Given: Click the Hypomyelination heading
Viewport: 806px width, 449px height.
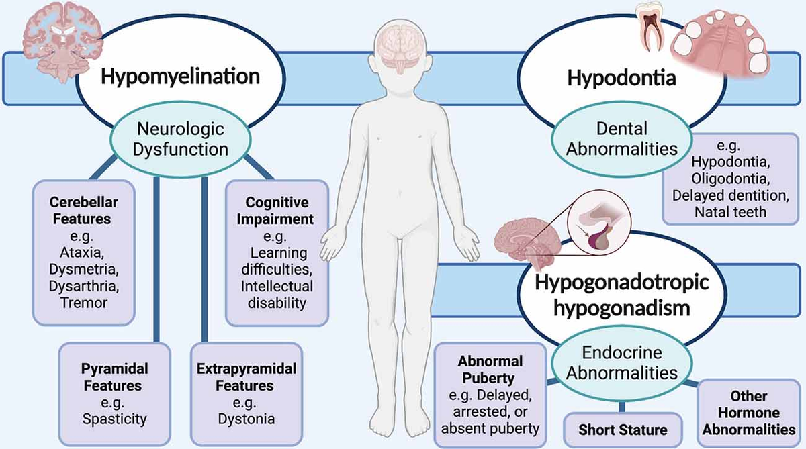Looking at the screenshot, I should [180, 76].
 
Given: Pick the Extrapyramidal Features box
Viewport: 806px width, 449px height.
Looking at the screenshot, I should [235, 394].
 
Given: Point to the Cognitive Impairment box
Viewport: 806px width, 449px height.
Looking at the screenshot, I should [277, 252].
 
